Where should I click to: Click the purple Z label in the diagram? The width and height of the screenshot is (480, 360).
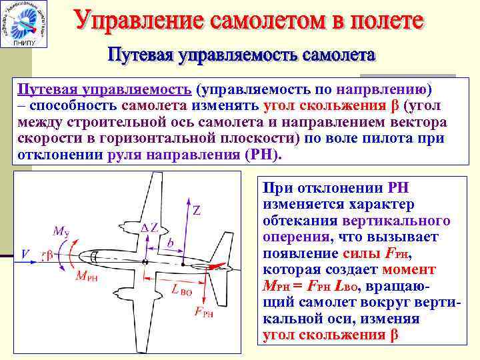[197, 211]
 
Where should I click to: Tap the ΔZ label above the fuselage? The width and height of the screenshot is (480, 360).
[150, 227]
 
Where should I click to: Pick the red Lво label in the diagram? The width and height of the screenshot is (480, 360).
[182, 289]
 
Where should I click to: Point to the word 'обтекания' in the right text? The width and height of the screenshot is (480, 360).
[301, 221]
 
